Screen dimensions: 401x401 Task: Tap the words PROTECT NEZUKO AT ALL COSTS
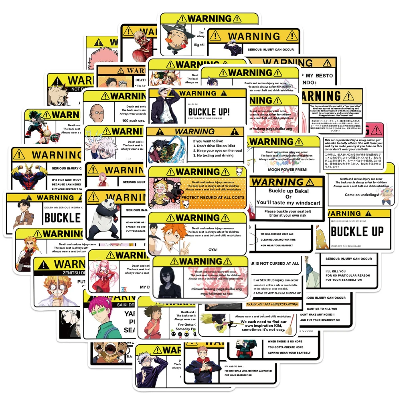(x=212, y=198)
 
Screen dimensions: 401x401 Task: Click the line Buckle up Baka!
(x=285, y=191)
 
